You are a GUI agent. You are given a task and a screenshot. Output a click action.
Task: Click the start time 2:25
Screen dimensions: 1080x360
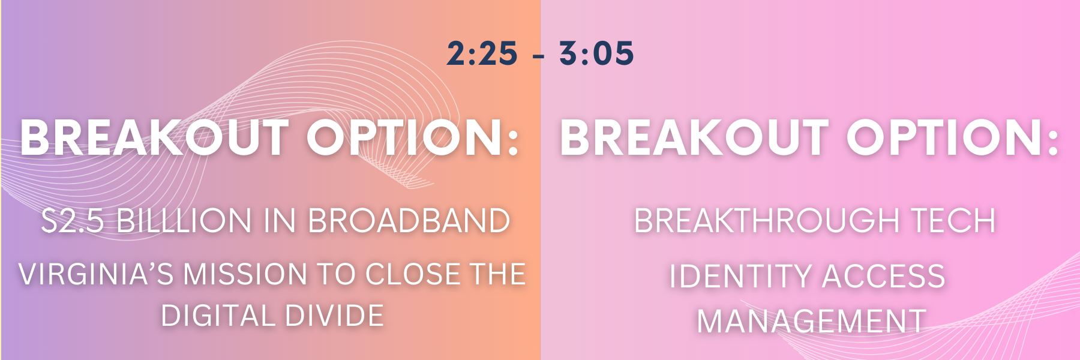pos(482,53)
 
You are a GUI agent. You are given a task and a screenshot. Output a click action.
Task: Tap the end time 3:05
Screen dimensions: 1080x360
pos(596,53)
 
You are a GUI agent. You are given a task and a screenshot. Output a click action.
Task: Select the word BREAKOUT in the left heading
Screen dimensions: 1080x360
pos(155,137)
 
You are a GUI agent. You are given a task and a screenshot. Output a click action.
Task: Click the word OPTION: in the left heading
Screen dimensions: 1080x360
pos(413,137)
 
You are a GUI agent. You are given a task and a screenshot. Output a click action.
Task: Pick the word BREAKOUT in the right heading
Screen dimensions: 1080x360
pos(695,137)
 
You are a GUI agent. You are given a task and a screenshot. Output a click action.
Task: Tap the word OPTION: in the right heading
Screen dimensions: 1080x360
pos(953,137)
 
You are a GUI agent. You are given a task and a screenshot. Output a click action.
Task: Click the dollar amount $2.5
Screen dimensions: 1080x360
pos(73,220)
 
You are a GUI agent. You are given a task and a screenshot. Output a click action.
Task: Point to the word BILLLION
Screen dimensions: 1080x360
pos(184,220)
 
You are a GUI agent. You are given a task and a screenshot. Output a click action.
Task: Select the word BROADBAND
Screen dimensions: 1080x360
pos(409,220)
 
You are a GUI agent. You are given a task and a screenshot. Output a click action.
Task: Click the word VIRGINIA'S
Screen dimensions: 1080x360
pos(96,274)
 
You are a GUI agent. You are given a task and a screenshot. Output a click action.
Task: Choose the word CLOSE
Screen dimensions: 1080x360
pos(413,274)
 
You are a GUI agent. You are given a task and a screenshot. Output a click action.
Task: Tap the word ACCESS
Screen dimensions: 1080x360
pos(884,277)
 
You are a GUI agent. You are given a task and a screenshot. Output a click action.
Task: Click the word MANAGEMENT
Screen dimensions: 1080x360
pos(811,321)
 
